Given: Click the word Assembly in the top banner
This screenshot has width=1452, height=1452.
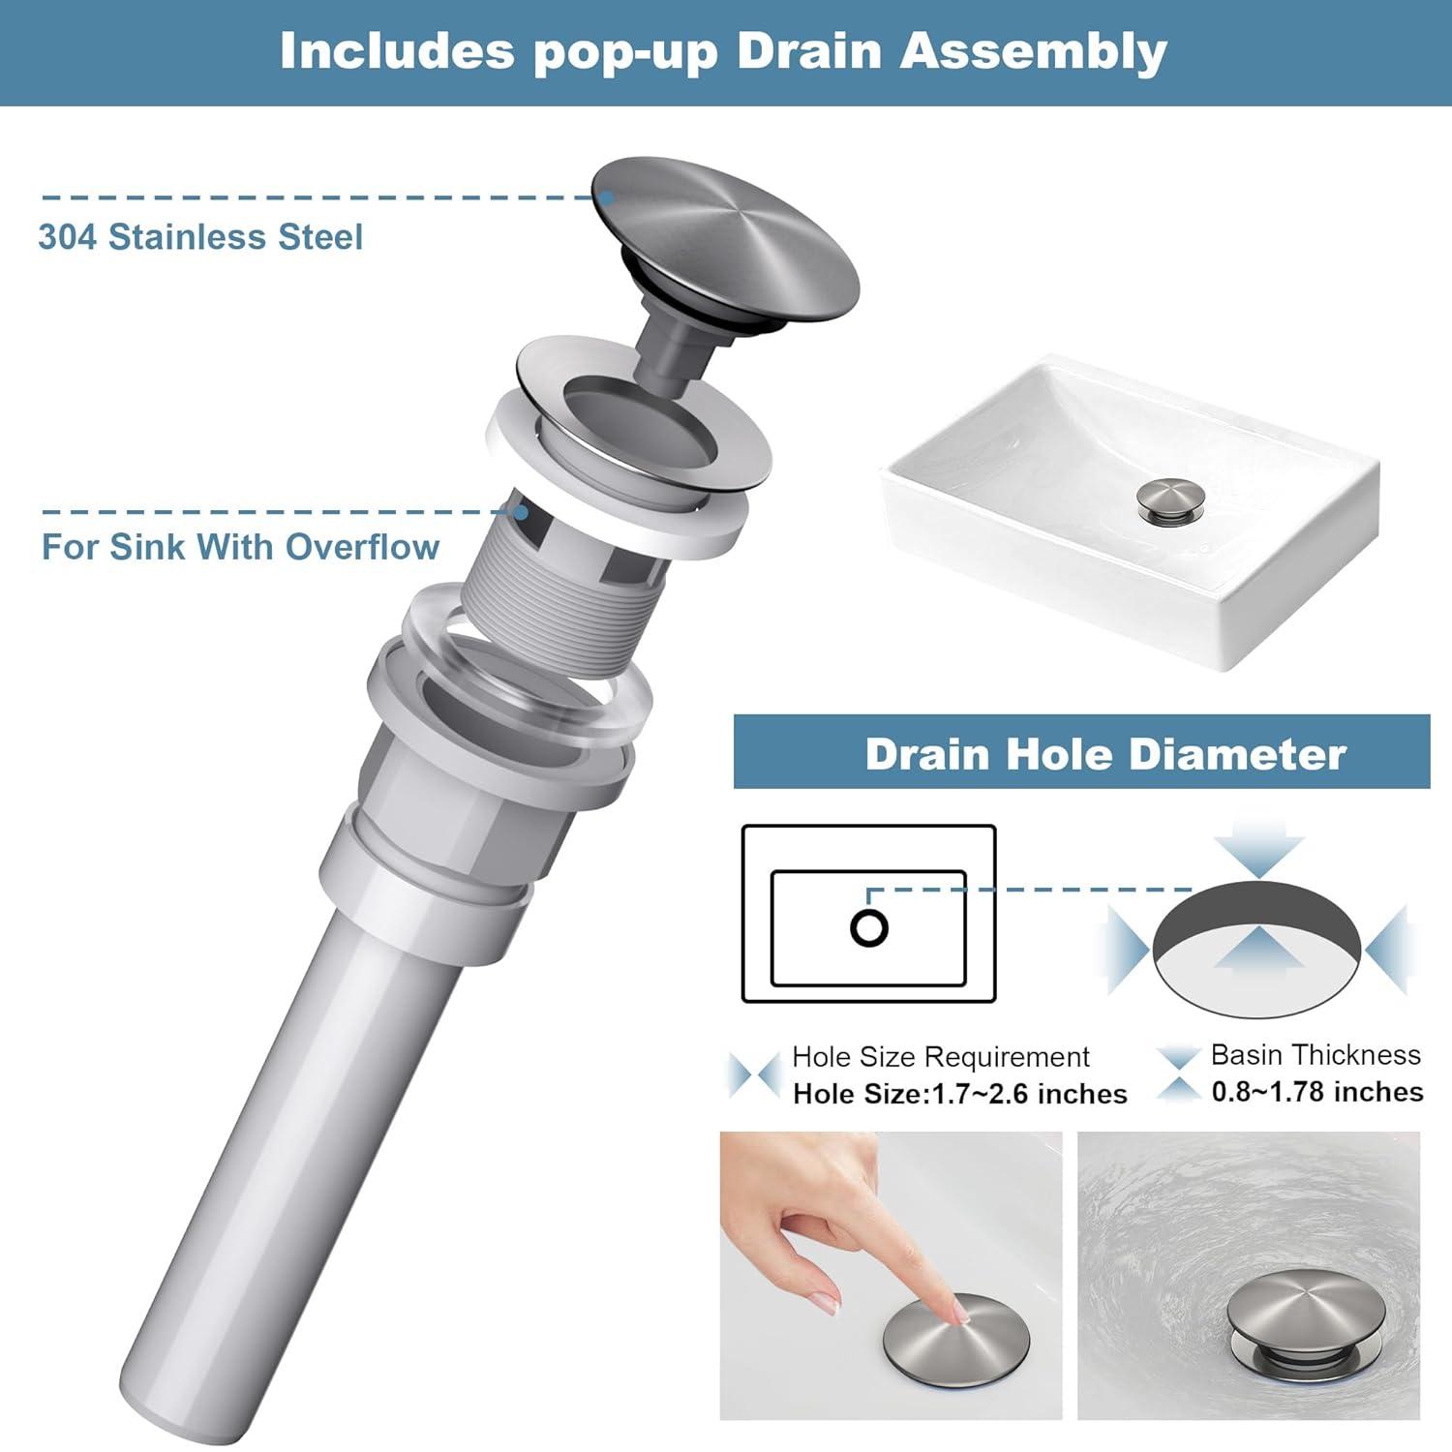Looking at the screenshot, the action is [1033, 51].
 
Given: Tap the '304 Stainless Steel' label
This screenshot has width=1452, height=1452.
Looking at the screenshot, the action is [200, 237].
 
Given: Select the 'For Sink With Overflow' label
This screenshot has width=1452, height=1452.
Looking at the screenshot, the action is [240, 547].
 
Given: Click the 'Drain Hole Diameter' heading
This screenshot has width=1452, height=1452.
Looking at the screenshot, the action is [1105, 754].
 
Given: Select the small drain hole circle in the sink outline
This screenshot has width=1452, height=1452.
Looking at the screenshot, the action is [869, 927].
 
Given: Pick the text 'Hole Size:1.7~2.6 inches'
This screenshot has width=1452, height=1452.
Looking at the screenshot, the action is [960, 1094].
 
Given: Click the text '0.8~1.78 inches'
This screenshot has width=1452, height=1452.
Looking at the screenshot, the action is [1317, 1092].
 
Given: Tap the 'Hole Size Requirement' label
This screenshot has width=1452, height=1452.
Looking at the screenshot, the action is [941, 1056].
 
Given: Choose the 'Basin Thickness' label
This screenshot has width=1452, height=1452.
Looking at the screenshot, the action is [1316, 1054].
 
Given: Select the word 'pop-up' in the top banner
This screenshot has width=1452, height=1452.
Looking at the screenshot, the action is [625, 53].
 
